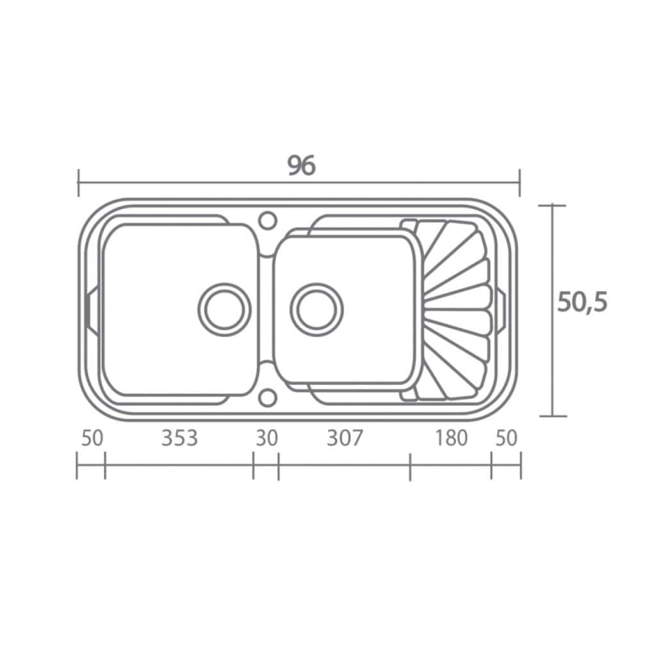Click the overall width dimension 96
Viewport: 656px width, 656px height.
point(301,166)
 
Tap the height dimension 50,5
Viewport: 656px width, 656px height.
point(582,302)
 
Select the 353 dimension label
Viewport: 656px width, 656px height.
point(179,438)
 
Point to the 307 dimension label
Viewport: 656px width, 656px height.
point(344,438)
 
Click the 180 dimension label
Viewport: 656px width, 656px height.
point(451,438)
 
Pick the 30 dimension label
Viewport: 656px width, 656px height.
point(266,438)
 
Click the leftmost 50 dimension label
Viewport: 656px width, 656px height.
point(92,438)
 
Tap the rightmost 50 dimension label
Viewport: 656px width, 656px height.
point(506,438)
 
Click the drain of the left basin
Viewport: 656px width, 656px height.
point(225,309)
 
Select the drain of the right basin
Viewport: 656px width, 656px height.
point(316,309)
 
